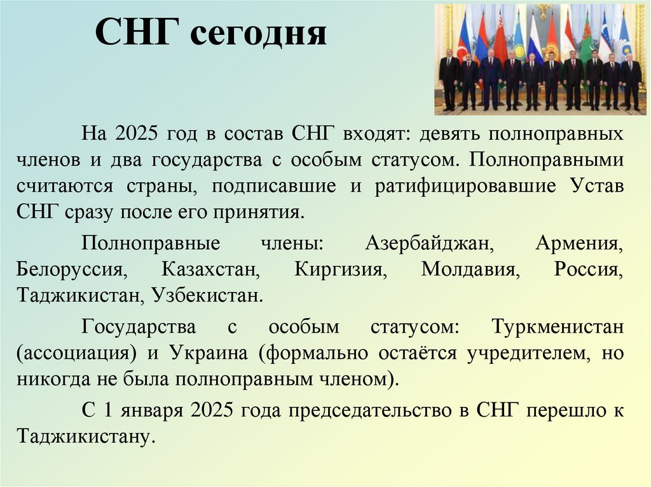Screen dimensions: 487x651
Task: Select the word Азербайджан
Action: [x=430, y=244]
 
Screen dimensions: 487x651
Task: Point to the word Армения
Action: [x=578, y=244]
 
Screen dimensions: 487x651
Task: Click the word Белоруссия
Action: [x=72, y=270]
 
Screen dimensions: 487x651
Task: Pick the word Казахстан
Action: [x=210, y=270]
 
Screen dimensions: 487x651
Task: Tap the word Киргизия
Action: [x=341, y=270]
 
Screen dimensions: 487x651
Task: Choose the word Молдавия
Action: [x=470, y=270]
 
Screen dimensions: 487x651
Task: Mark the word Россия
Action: [x=586, y=270]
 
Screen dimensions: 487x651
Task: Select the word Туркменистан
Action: [x=557, y=328]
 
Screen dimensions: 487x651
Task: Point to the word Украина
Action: [x=209, y=354]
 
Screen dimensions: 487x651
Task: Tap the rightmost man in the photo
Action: [x=631, y=81]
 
